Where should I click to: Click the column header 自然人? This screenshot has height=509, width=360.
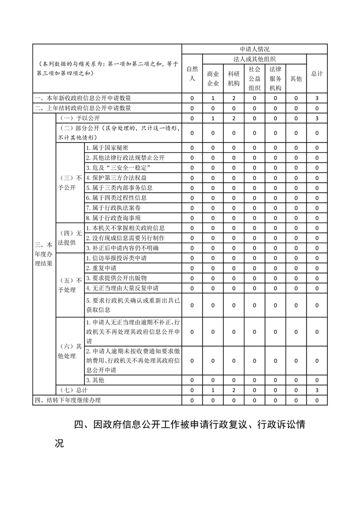coord(192,73)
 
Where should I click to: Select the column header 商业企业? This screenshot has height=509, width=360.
coord(213,78)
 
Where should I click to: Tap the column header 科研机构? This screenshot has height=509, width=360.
coord(234,78)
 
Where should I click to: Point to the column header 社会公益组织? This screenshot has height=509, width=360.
coord(254,78)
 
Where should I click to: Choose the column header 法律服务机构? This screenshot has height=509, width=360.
coord(275,78)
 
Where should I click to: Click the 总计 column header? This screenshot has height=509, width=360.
coord(317,73)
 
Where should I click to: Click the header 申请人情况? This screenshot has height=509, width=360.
coord(255,49)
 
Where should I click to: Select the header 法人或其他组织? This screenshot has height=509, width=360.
coord(255,59)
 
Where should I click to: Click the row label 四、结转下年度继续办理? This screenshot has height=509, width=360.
coord(68,400)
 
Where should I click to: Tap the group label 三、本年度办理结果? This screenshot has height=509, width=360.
coord(44,254)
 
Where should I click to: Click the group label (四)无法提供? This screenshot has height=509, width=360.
coord(69,238)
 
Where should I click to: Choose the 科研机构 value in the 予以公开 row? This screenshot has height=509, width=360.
coord(234,118)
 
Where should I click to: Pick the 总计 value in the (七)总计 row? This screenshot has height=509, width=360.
coord(317,390)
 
